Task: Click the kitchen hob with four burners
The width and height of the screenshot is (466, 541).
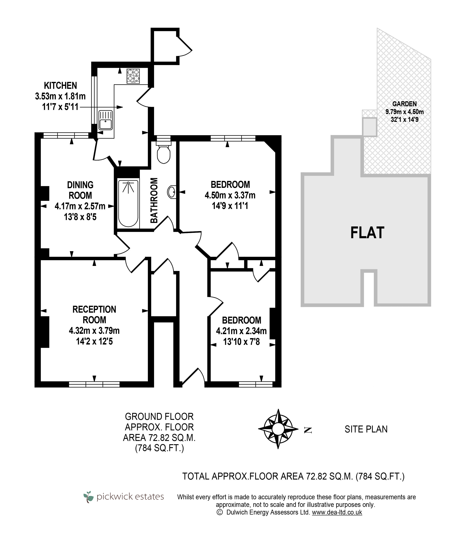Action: point(133,76)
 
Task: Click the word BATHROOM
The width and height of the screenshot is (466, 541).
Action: point(154,200)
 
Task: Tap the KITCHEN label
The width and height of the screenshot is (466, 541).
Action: point(60,86)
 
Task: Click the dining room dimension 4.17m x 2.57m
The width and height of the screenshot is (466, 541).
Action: point(80,206)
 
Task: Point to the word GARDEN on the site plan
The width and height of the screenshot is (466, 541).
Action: point(405,104)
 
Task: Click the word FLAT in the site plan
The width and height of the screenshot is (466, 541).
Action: point(367,233)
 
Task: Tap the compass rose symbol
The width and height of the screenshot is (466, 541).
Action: point(278,429)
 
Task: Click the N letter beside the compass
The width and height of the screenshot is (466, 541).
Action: point(308,430)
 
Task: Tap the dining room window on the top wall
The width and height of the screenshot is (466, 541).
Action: point(66,135)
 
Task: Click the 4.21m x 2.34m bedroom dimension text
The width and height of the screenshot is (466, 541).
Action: point(241,331)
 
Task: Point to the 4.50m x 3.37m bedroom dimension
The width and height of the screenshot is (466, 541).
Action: point(230,195)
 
